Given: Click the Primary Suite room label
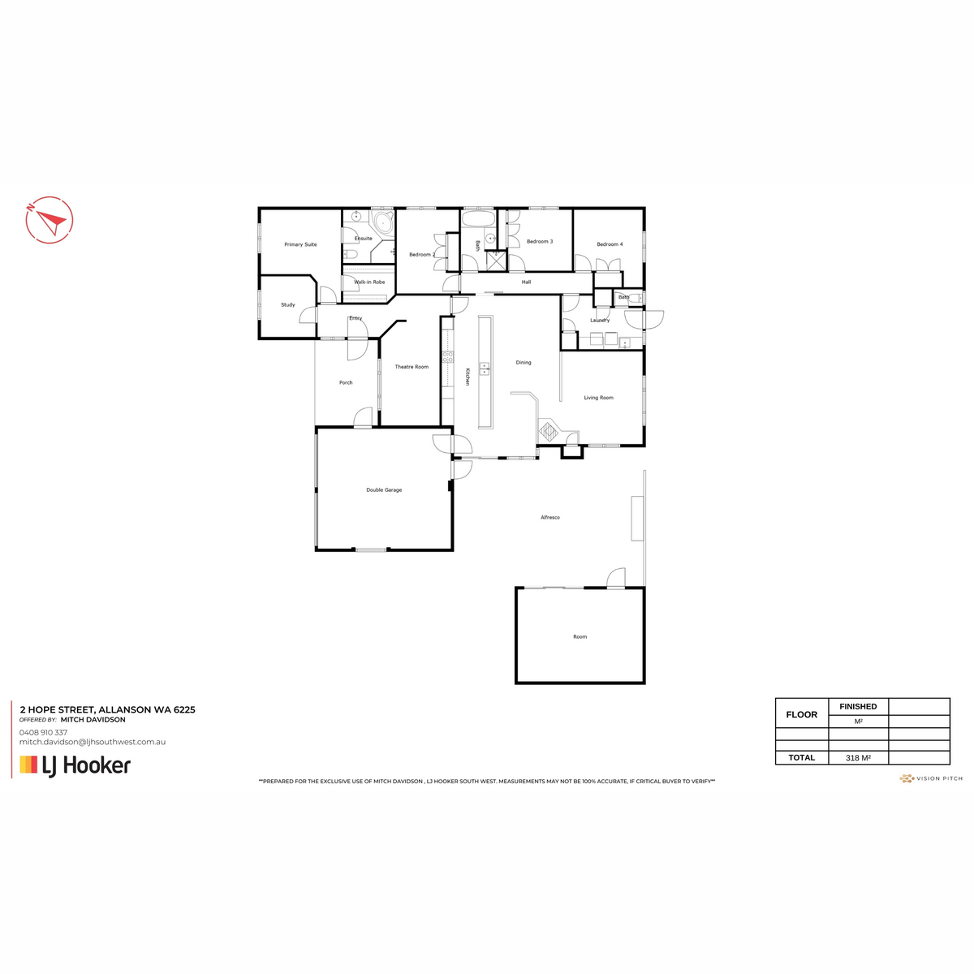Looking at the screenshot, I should click(300, 244).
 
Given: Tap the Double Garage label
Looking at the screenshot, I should click(384, 490).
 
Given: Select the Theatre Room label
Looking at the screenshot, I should click(412, 367).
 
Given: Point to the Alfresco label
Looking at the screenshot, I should click(550, 517).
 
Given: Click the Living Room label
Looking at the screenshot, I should click(599, 398).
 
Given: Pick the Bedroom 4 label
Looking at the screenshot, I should click(610, 244).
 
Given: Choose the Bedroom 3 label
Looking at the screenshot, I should click(540, 242).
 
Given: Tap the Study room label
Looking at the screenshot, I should click(288, 305).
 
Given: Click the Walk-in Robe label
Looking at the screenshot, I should click(369, 282).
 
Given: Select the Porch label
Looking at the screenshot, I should click(346, 382).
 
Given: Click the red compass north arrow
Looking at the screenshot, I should click(50, 219).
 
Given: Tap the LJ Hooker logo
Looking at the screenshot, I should click(75, 765).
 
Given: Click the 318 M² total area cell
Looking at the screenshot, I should click(858, 757).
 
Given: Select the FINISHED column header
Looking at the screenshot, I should click(858, 706).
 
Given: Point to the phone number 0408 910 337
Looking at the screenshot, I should click(43, 732).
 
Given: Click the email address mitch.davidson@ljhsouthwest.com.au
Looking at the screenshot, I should click(93, 742).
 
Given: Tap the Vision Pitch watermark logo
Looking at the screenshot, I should click(931, 778).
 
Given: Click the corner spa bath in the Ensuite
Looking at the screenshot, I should click(381, 223).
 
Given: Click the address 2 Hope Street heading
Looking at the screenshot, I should click(107, 709).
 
